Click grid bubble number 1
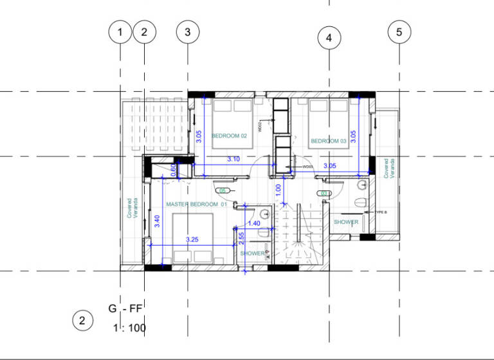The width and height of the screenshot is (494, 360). coord(120,32)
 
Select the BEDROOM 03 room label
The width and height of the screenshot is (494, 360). coord(329,141)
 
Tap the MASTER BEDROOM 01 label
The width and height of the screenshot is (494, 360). coord(197,204)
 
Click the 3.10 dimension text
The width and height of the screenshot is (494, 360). coord(233,159)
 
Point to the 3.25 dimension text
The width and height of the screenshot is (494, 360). coord(192,239)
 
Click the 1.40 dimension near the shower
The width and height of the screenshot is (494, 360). coord(253,223)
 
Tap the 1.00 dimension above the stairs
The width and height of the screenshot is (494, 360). coord(278,190)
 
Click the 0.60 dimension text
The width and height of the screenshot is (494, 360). coord(173,170)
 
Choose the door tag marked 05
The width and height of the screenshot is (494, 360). coord(224,191)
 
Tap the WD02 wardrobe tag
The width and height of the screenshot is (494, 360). coord(261,128)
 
